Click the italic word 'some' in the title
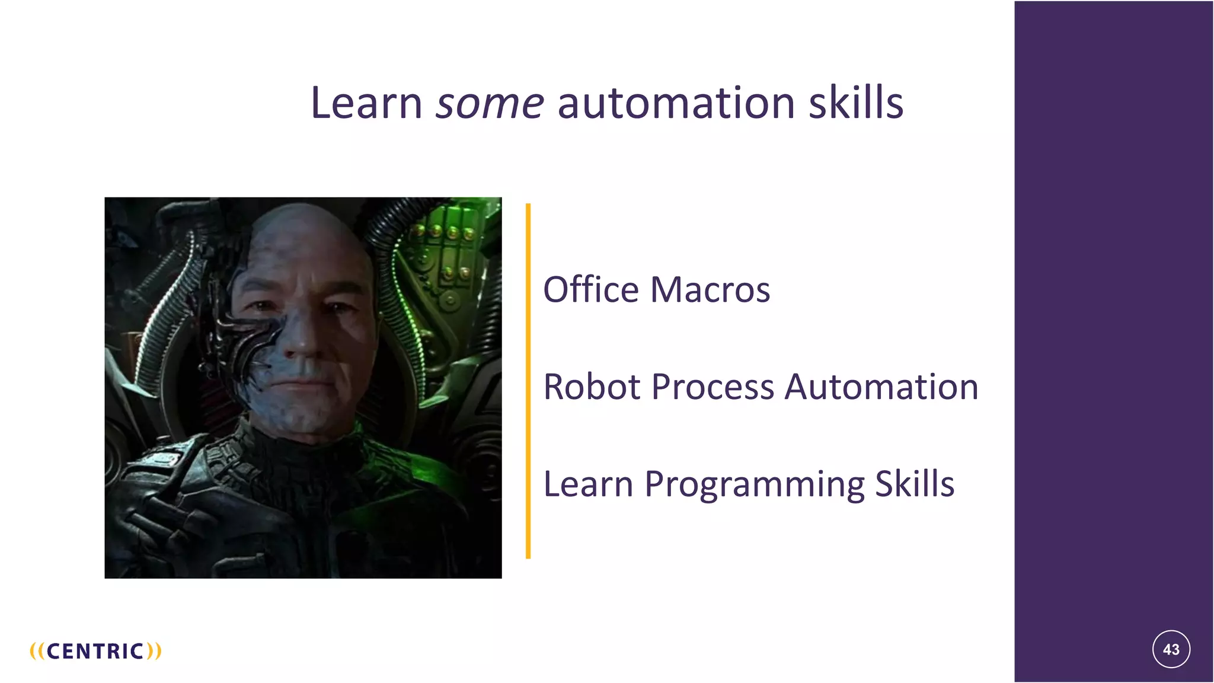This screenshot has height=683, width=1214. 490,103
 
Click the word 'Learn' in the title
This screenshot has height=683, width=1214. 366,103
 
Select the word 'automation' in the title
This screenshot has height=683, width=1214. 676,103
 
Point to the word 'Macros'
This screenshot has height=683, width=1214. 710,290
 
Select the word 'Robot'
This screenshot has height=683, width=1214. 592,387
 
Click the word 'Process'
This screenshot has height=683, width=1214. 713,387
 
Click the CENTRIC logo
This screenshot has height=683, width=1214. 95,651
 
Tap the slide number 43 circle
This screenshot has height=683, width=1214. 1171,649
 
